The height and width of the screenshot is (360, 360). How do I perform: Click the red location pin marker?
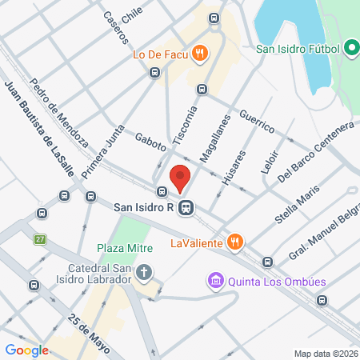[180, 178]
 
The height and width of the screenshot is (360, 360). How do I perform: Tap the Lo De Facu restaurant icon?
[201, 54]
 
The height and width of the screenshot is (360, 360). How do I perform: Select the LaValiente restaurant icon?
[234, 241]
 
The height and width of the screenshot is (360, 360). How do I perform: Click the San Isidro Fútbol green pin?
[351, 49]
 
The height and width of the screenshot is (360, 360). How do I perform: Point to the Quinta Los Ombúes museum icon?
[214, 281]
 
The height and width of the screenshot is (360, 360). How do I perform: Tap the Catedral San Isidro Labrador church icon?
[144, 273]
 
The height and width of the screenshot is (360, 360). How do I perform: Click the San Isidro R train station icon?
[186, 207]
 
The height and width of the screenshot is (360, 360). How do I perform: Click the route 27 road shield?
[40, 239]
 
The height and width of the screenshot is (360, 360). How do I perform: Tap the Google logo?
[27, 350]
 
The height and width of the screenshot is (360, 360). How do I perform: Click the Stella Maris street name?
[296, 206]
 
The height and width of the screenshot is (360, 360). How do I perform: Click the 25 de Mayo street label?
[88, 326]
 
